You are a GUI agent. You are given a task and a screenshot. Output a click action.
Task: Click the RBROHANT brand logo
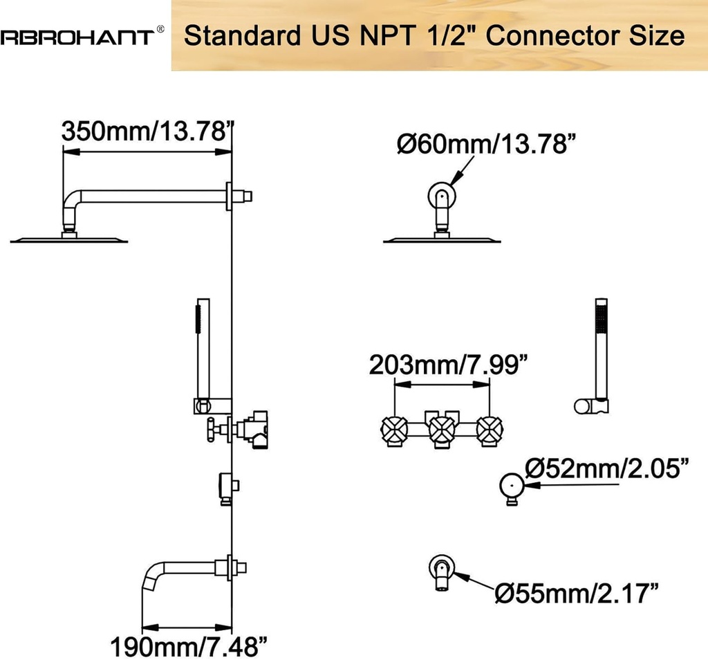pos(77,37)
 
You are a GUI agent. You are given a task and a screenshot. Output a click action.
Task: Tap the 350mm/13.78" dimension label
pos(148,131)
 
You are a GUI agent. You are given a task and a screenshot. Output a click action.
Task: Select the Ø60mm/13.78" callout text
pos(487,144)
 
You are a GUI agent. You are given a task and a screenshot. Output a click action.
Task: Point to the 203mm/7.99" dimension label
pos(448,365)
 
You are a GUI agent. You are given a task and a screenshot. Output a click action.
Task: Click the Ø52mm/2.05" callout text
pos(607,468)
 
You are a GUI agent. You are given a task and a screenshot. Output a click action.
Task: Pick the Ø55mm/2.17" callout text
pos(577,593)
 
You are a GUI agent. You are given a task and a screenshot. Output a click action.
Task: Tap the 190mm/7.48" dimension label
pos(189,647)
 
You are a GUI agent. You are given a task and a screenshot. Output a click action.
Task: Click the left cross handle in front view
pos(394,430)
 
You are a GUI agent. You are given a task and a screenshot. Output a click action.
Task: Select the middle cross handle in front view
pos(442,430)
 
